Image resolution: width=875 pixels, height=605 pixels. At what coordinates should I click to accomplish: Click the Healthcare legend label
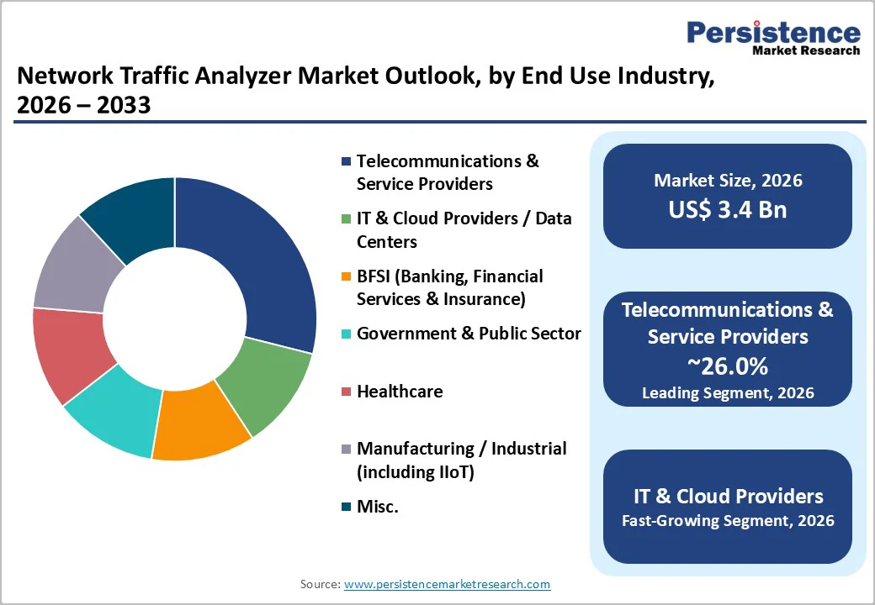pos(400,392)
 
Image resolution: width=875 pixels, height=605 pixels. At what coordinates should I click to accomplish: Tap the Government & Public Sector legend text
pos(469,334)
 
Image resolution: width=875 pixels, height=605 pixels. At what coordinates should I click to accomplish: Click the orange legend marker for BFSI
pos(346,277)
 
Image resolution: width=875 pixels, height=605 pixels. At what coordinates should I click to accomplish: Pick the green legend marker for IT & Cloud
pos(346,219)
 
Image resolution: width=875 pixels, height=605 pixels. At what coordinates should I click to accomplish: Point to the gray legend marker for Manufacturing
pos(346,450)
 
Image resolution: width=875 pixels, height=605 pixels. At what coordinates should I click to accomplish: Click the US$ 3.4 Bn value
pos(728,208)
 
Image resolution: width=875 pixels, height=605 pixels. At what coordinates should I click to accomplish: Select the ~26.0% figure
pos(728,366)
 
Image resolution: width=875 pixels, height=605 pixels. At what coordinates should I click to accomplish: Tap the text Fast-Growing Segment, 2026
pos(728,521)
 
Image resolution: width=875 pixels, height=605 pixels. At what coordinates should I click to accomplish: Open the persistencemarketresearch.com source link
pos(447,584)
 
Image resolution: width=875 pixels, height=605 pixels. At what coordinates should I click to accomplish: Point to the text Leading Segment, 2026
pos(728,392)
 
